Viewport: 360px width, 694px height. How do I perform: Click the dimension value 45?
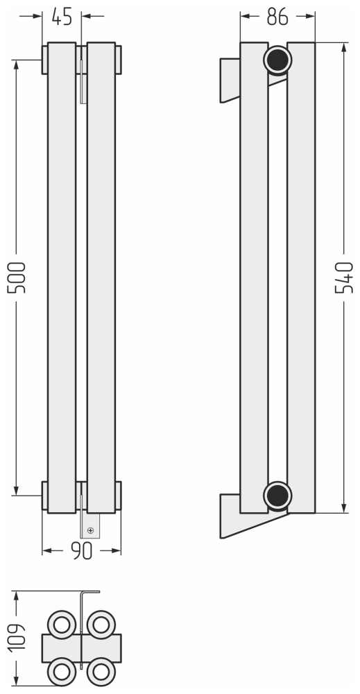click(62, 17)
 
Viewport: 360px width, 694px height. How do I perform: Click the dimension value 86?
click(277, 17)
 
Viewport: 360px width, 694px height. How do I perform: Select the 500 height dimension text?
click(17, 278)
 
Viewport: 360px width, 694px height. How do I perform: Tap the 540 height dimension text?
click(344, 278)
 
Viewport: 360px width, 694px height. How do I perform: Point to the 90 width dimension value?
click(82, 550)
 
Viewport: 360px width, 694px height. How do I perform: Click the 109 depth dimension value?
click(17, 637)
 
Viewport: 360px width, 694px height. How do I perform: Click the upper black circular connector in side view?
click(277, 60)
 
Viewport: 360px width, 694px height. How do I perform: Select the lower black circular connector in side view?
click(277, 496)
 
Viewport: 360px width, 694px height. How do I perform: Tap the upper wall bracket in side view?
click(230, 80)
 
